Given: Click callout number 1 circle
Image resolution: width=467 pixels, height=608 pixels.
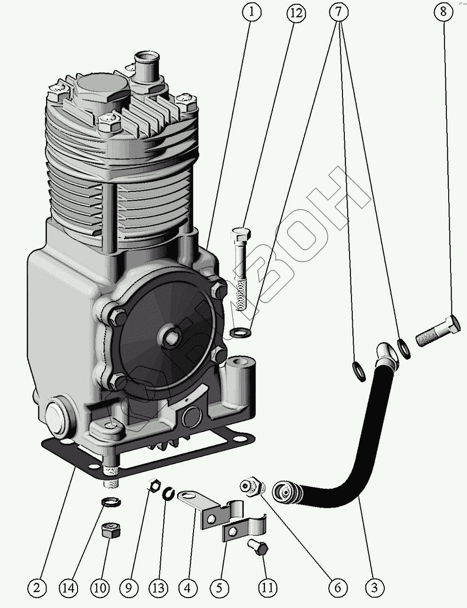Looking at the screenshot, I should point(252,13).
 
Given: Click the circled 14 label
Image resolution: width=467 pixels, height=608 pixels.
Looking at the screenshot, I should point(70,587).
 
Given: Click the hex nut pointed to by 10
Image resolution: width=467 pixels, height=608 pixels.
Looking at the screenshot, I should point(110,532).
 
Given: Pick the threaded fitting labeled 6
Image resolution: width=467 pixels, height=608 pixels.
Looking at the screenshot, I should point(252,486).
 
